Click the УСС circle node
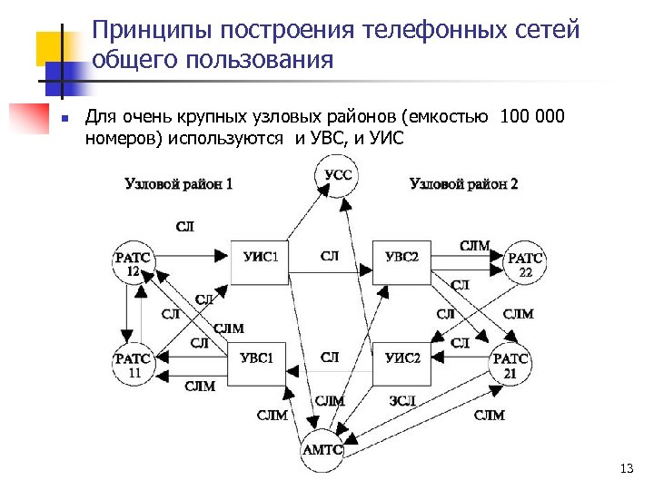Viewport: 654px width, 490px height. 338,174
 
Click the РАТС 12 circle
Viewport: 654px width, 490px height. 133,264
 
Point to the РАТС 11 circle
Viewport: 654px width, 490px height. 133,365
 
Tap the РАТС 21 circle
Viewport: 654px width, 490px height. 510,365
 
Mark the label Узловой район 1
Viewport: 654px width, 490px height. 179,183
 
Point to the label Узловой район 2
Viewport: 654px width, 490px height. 464,183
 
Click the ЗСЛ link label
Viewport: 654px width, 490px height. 402,400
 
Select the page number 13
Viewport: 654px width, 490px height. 624,468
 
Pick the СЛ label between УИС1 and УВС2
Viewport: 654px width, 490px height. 330,256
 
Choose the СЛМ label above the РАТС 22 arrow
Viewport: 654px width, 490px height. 474,245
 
